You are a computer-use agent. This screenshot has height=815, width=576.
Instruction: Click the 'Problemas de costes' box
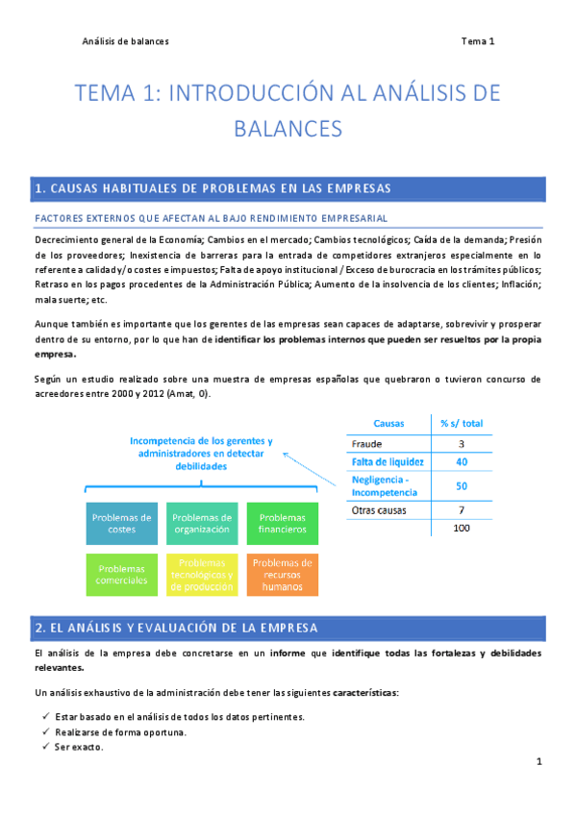click(x=121, y=523)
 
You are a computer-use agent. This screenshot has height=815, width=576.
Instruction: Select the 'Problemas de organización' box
click(x=202, y=523)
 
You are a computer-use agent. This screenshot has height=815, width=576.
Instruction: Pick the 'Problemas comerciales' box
click(x=121, y=574)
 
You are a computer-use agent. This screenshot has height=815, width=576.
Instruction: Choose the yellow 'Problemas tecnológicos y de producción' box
click(x=202, y=574)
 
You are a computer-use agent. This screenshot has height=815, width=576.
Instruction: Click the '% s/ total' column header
click(x=462, y=423)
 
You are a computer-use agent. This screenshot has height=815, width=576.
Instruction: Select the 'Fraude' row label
click(x=367, y=444)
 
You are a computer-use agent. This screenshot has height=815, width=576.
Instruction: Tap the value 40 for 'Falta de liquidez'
click(x=462, y=462)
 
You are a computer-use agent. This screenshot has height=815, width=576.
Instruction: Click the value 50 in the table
click(x=462, y=486)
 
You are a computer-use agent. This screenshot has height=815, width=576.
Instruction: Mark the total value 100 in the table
click(x=462, y=529)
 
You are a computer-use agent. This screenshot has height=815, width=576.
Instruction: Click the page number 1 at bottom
click(x=540, y=762)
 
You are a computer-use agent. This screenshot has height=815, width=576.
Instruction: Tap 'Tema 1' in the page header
click(x=477, y=41)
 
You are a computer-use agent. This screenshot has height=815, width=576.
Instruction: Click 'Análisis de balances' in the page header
click(x=125, y=41)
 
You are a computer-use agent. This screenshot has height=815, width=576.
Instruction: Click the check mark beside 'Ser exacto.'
click(x=46, y=747)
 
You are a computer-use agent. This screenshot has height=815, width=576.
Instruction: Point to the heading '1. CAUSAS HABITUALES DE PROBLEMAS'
click(x=212, y=186)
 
